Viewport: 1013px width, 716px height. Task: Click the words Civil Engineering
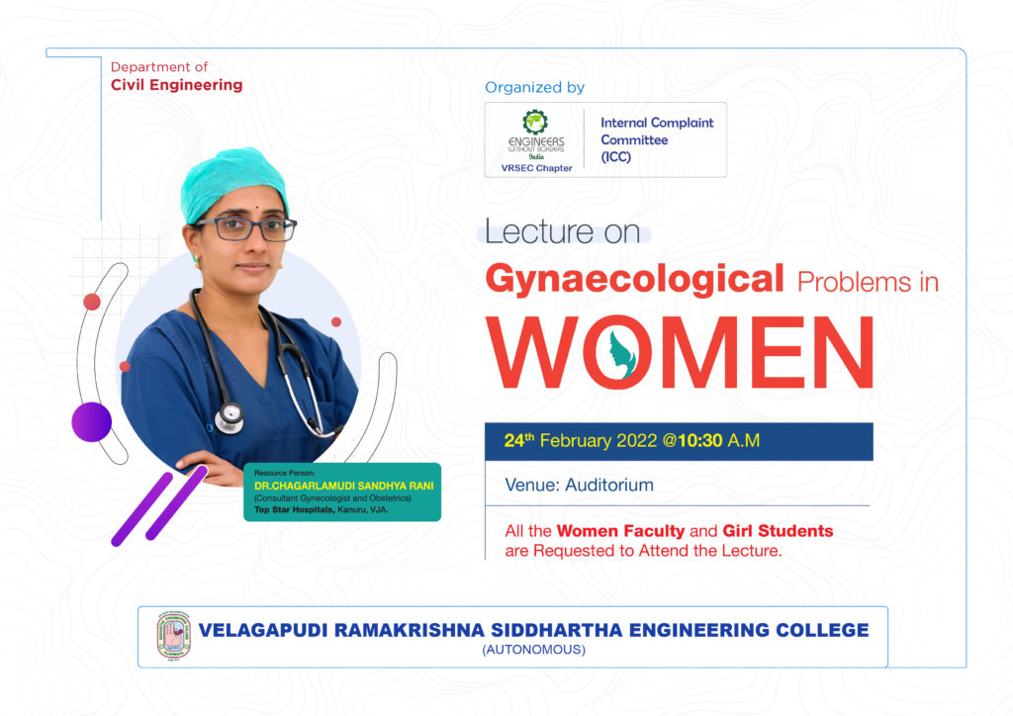pyautogui.click(x=176, y=85)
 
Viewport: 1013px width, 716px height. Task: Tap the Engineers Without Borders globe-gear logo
pyautogui.click(x=535, y=122)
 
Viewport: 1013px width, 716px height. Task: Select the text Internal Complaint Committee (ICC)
pyautogui.click(x=657, y=139)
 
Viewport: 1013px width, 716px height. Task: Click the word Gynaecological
pyautogui.click(x=634, y=280)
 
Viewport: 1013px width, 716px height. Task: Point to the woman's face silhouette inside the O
pyautogui.click(x=621, y=354)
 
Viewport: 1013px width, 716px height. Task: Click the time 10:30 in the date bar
pyautogui.click(x=700, y=440)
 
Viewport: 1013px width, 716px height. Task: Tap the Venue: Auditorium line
pyautogui.click(x=579, y=485)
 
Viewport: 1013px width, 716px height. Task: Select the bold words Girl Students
pyautogui.click(x=778, y=531)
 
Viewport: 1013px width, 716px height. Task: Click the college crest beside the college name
pyautogui.click(x=174, y=636)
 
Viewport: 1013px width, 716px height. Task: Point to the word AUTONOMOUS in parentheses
pyautogui.click(x=533, y=650)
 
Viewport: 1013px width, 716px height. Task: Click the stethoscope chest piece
pyautogui.click(x=230, y=417)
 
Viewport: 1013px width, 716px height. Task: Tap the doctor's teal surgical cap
pyautogui.click(x=232, y=183)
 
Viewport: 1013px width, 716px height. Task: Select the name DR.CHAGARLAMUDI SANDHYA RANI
pyautogui.click(x=343, y=486)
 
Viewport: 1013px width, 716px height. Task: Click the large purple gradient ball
pyautogui.click(x=92, y=422)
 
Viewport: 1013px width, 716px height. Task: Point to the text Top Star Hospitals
pyautogui.click(x=294, y=510)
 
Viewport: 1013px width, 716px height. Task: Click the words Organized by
pyautogui.click(x=534, y=87)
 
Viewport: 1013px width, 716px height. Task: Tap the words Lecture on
pyautogui.click(x=562, y=231)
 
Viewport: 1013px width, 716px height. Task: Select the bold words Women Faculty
pyautogui.click(x=620, y=531)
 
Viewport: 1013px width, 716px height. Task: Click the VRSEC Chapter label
pyautogui.click(x=537, y=168)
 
